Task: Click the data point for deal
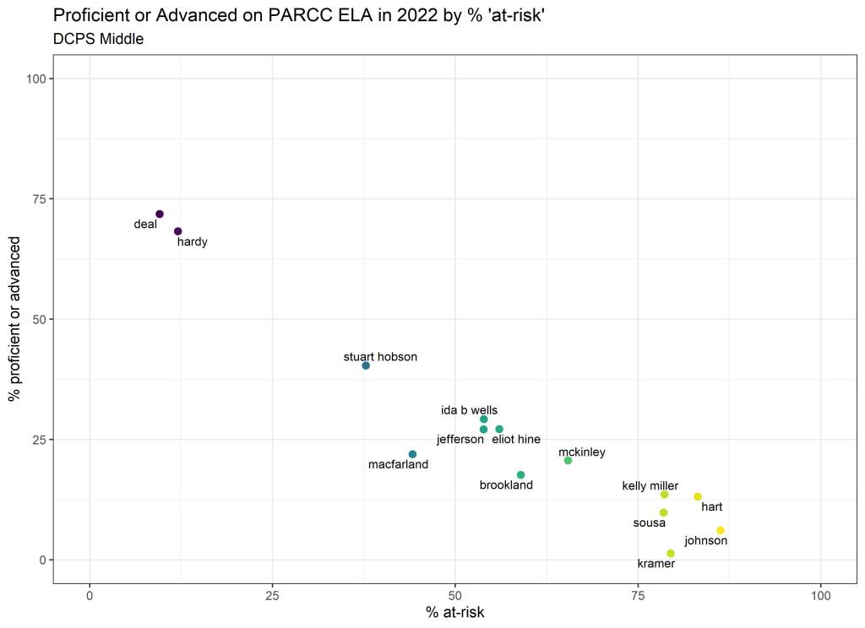point(160,214)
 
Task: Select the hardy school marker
point(178,231)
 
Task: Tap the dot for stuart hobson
point(366,365)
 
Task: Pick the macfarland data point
point(412,454)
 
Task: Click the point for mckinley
point(568,460)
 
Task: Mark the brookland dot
point(520,474)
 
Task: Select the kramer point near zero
point(671,554)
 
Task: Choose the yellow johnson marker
point(721,530)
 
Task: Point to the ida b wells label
point(469,410)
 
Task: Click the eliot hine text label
point(516,440)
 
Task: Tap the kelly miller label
point(650,485)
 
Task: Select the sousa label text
point(650,523)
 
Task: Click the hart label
point(711,507)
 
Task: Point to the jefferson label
point(460,440)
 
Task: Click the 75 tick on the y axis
point(37,199)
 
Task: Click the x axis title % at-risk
point(455,613)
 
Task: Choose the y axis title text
point(15,319)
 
